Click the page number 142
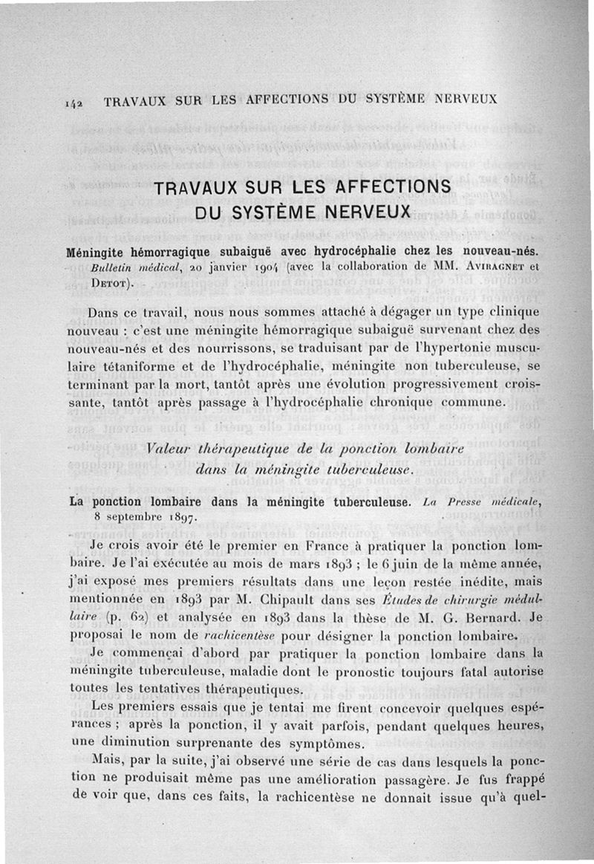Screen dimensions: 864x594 pos(91,100)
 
